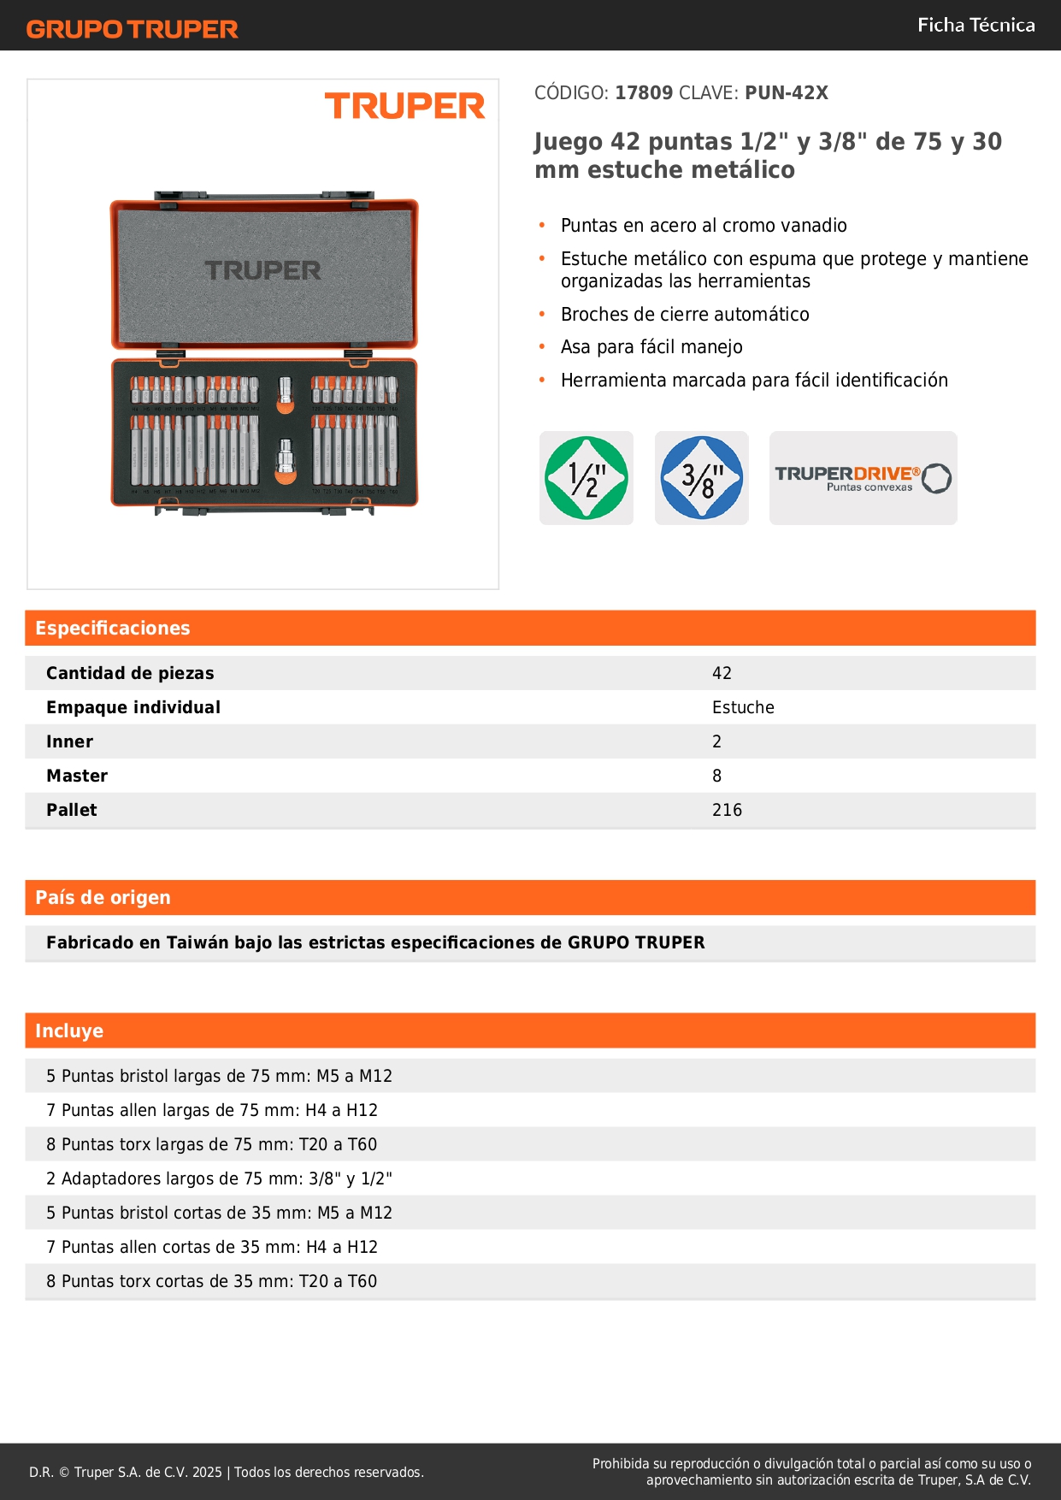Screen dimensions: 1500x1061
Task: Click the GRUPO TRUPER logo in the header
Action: [133, 29]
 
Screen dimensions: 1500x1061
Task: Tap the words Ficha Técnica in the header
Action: [976, 26]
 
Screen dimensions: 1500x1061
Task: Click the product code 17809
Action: [644, 93]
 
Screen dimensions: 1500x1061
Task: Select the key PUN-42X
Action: [786, 93]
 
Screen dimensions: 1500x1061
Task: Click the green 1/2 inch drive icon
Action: [586, 478]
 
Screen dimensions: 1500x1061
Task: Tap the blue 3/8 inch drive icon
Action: [702, 478]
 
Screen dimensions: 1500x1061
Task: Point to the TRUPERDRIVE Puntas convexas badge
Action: [863, 478]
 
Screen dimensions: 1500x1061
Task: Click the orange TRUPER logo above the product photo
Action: [404, 106]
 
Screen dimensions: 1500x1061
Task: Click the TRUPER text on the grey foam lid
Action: [263, 271]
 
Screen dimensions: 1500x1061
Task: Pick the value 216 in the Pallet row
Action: [727, 810]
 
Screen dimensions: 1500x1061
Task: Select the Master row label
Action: [77, 776]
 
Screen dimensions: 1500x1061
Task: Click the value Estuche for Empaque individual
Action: [743, 707]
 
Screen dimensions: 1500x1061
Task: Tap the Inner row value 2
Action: [716, 741]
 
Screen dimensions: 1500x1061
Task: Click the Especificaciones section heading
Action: [113, 629]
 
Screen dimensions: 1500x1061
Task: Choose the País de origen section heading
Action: [103, 898]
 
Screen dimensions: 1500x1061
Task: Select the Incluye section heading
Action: [69, 1031]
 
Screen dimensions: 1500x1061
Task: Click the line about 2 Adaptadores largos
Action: [219, 1178]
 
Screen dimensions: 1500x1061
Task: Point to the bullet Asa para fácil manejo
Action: [651, 347]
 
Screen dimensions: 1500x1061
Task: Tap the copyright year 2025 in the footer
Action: [207, 1472]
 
